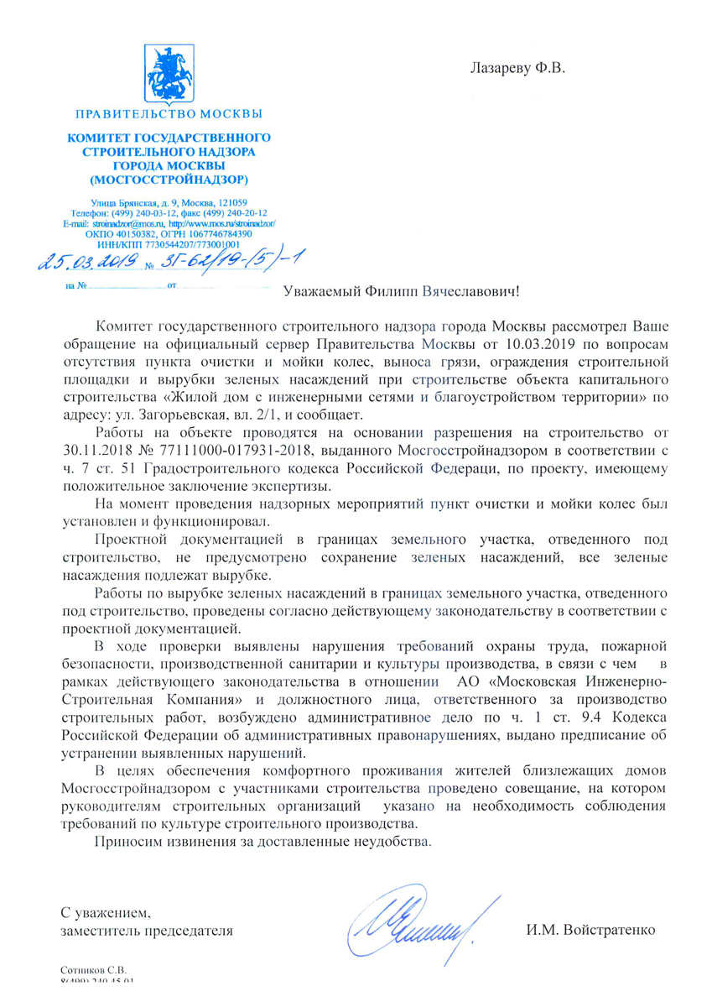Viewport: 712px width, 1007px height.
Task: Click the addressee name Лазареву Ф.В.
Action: point(518,65)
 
